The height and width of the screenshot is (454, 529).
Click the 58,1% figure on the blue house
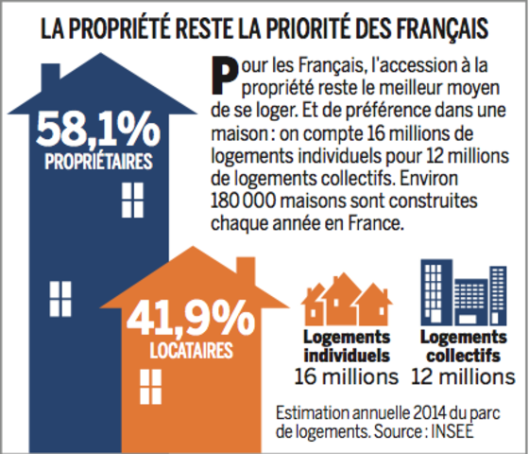[x=98, y=131]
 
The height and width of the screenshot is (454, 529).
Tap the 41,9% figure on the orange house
[x=191, y=319]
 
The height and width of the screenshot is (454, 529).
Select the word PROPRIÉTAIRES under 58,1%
[x=98, y=162]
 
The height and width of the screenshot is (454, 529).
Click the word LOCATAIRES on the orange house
[x=191, y=350]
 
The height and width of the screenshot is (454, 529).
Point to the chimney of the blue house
[x=51, y=76]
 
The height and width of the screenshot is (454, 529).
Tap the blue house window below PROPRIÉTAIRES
[x=132, y=201]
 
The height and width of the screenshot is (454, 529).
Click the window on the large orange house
[x=150, y=387]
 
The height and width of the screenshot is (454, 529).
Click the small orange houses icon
[x=347, y=299]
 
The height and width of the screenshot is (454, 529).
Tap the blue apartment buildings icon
[x=464, y=292]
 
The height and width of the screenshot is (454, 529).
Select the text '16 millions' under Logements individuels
[x=347, y=376]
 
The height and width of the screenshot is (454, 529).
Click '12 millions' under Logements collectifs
[x=463, y=376]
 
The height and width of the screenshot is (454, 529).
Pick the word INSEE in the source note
[x=452, y=431]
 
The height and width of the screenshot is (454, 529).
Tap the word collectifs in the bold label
[x=463, y=356]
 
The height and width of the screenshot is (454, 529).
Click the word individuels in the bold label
[x=347, y=356]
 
